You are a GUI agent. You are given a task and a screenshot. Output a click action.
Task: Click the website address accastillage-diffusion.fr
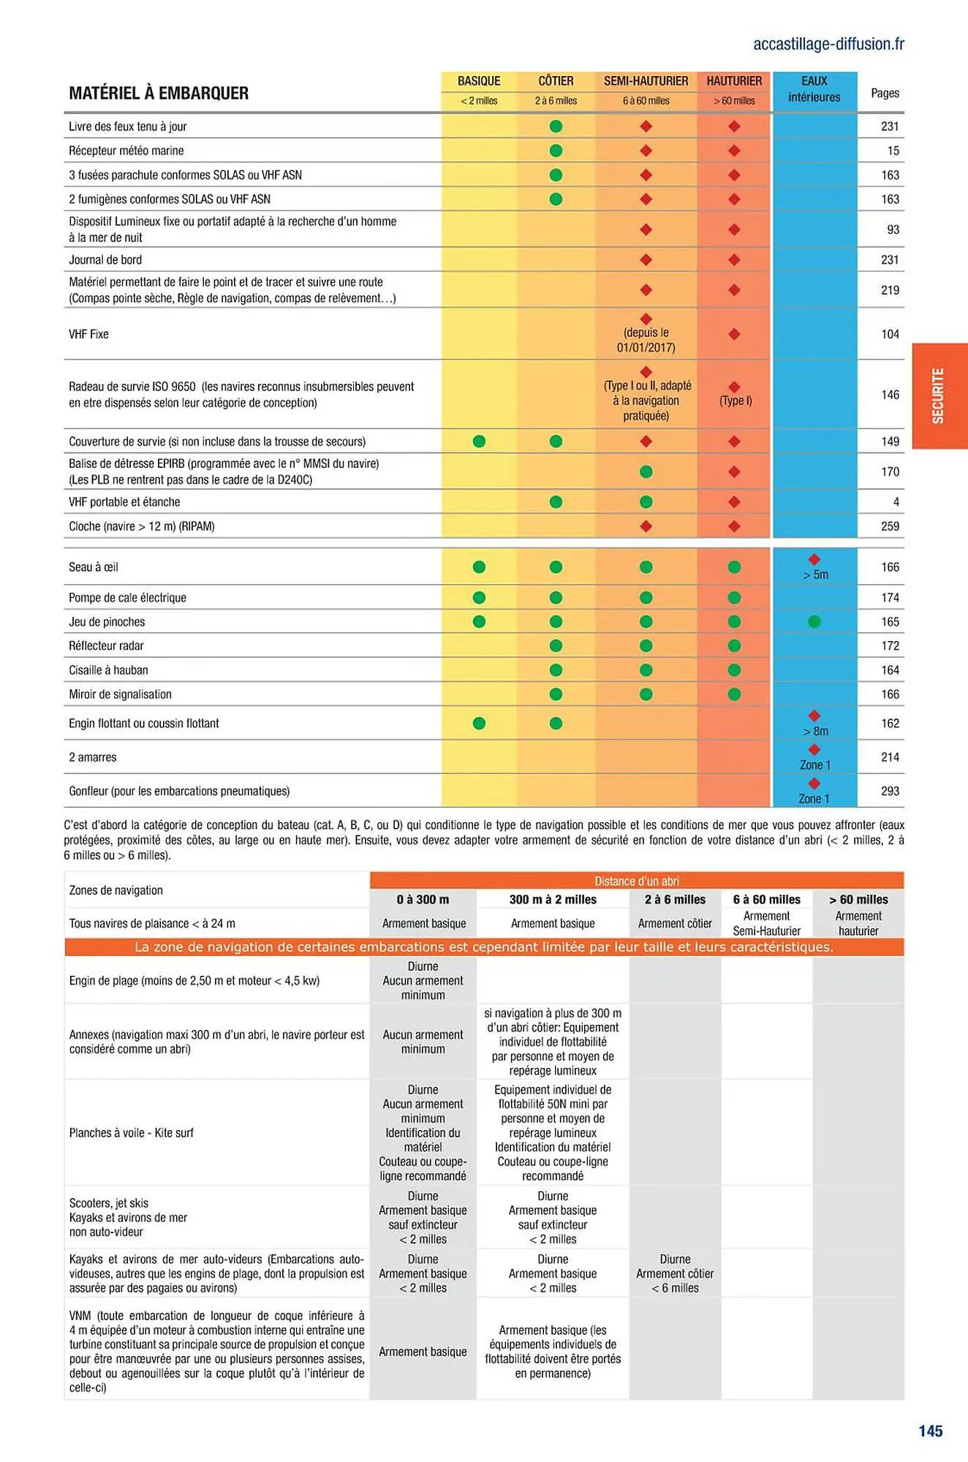[x=828, y=44]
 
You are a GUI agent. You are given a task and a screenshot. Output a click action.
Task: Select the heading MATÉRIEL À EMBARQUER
[x=159, y=94]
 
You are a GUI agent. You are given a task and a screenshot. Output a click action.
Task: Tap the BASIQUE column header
[x=479, y=81]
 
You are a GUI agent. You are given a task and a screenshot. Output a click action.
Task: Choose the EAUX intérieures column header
[x=814, y=89]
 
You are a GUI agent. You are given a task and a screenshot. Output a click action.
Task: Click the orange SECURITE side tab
[x=939, y=395]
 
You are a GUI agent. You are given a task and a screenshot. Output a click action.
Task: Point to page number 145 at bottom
[x=930, y=1431]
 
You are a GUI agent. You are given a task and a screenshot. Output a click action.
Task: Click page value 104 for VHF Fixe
[x=890, y=334]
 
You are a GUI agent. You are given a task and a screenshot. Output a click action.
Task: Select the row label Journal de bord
[x=105, y=260]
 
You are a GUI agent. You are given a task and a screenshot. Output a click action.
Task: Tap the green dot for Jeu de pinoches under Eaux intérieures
[x=814, y=621]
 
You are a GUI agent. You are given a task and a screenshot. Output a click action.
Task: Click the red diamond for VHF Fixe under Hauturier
[x=734, y=334]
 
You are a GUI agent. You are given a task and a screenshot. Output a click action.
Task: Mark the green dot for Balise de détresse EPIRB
[x=646, y=471]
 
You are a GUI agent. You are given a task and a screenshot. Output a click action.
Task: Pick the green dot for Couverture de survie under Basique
[x=479, y=441]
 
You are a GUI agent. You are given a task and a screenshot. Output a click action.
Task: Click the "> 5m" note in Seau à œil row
[x=815, y=575]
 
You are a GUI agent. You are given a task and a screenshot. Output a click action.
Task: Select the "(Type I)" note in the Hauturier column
[x=735, y=401]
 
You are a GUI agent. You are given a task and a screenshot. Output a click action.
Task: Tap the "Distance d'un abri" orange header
[x=636, y=881]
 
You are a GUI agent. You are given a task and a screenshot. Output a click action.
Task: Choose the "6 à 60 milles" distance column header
[x=766, y=899]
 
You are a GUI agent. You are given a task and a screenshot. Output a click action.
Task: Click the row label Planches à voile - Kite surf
[x=132, y=1132]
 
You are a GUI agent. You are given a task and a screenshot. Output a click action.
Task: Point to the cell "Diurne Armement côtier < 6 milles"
[x=675, y=1273]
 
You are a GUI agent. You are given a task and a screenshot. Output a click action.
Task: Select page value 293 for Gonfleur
[x=890, y=791]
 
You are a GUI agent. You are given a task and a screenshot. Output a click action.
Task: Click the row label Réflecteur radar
[x=107, y=645]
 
